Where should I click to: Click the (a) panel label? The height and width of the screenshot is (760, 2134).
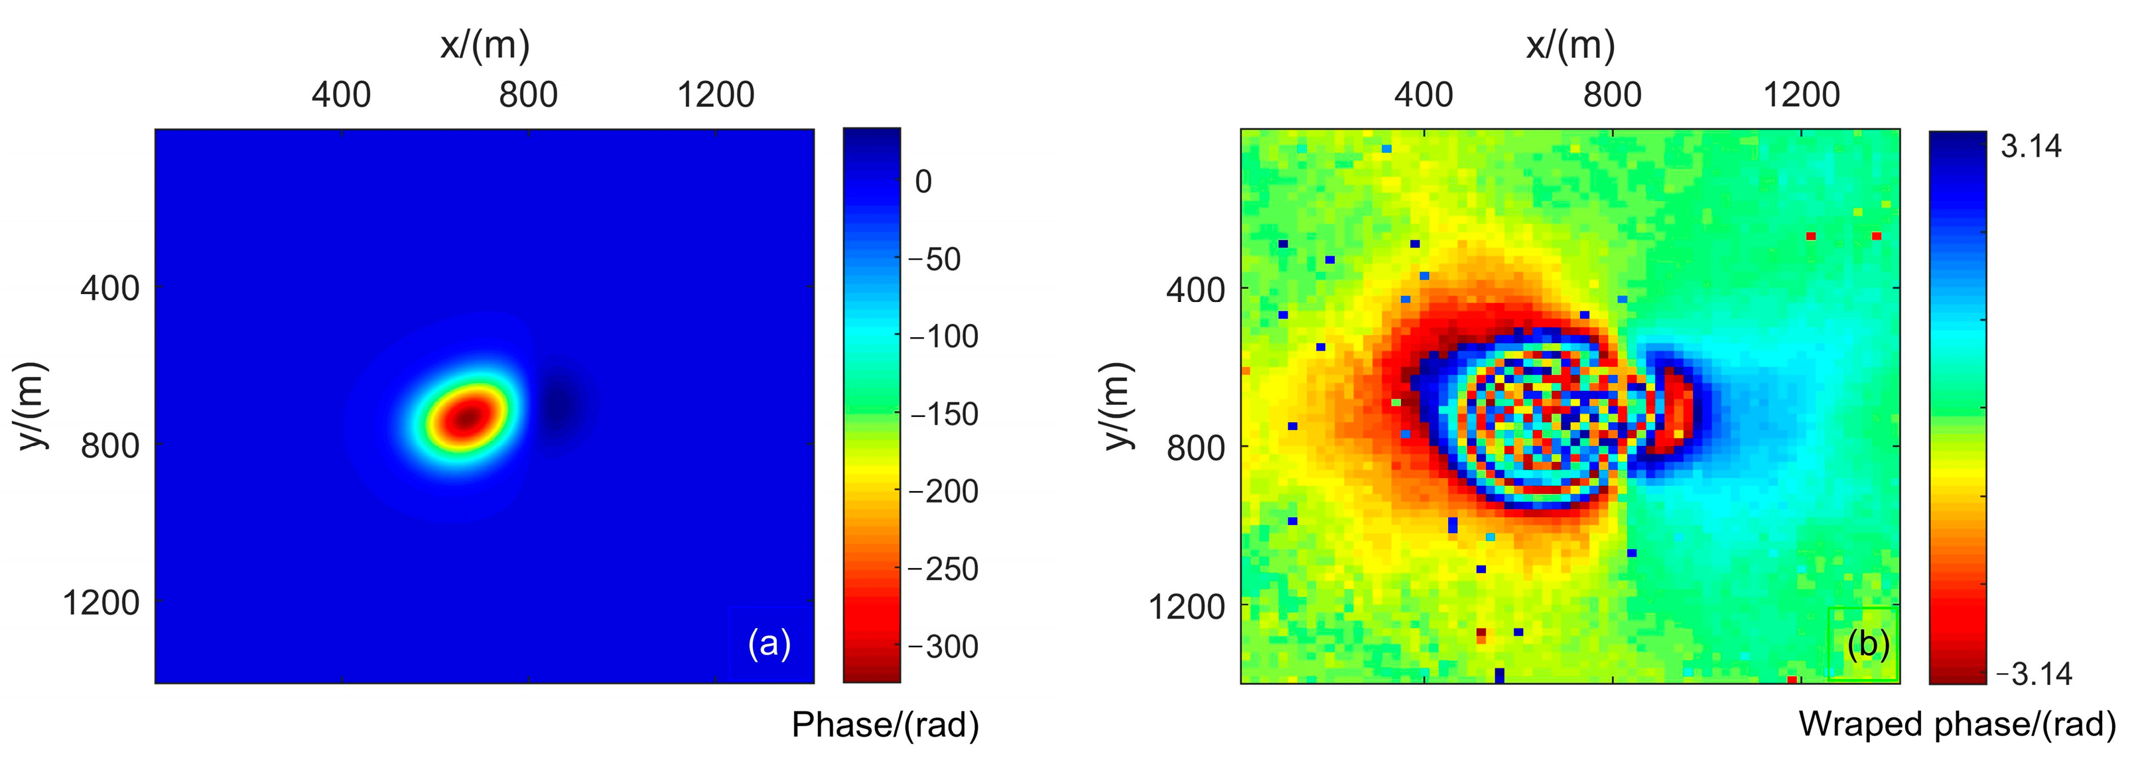pyautogui.click(x=769, y=644)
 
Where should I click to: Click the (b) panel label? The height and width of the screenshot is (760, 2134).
pyautogui.click(x=1868, y=645)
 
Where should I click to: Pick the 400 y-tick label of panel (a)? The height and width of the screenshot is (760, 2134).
pyautogui.click(x=109, y=289)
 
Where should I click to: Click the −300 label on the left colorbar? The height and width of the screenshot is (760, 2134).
pyautogui.click(x=943, y=646)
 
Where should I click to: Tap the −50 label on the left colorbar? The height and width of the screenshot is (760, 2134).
pyautogui.click(x=935, y=260)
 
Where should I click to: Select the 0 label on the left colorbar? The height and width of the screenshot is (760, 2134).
pyautogui.click(x=923, y=181)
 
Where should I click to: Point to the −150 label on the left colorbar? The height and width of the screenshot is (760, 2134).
pyautogui.click(x=943, y=414)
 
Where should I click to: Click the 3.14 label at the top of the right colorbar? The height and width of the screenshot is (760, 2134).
pyautogui.click(x=2031, y=147)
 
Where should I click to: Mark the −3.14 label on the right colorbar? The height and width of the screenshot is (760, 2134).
pyautogui.click(x=2034, y=674)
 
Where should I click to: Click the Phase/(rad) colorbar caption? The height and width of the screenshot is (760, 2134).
pyautogui.click(x=885, y=725)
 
